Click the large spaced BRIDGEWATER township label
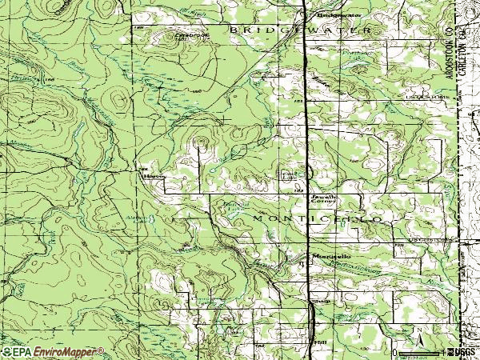(x=300, y=30)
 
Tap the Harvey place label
(x=150, y=178)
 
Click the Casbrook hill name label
(x=186, y=36)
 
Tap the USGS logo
(x=462, y=351)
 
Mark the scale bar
(x=420, y=351)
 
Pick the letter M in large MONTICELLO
(x=258, y=218)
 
